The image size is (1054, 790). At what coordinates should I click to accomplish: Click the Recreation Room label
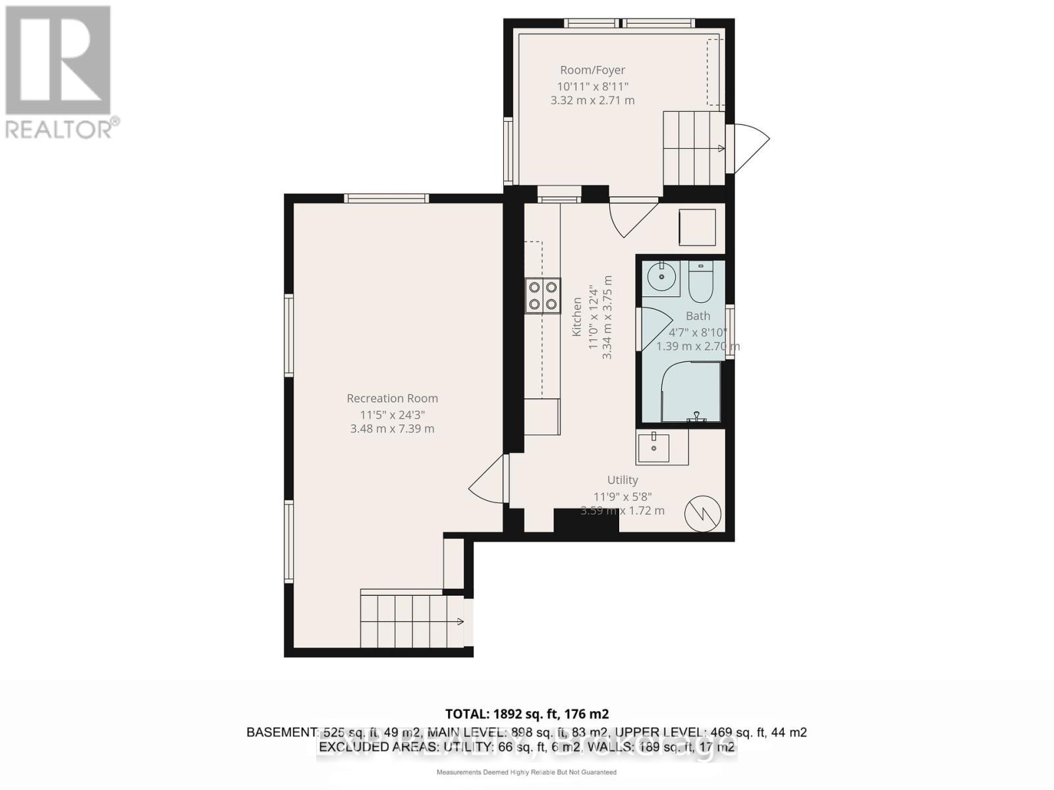click(x=392, y=398)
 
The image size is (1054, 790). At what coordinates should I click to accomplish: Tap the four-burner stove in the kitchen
click(x=543, y=295)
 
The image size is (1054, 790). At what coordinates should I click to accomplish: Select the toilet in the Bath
click(x=700, y=282)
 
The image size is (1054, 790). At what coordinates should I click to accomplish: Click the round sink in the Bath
click(x=658, y=276)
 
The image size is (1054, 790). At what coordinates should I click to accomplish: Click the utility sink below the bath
click(x=653, y=448)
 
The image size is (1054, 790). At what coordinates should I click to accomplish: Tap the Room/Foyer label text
click(x=592, y=70)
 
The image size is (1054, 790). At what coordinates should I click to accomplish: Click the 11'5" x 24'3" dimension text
click(x=392, y=415)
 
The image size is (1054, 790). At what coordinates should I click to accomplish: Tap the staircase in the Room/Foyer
click(x=693, y=149)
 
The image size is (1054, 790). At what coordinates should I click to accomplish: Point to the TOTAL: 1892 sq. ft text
click(x=526, y=714)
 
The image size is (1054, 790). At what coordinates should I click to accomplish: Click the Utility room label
click(x=622, y=480)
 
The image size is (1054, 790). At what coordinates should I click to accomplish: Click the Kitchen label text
click(x=576, y=317)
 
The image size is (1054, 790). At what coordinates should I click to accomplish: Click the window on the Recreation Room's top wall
click(x=386, y=198)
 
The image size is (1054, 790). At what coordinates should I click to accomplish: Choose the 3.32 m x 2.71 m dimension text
click(x=592, y=100)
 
